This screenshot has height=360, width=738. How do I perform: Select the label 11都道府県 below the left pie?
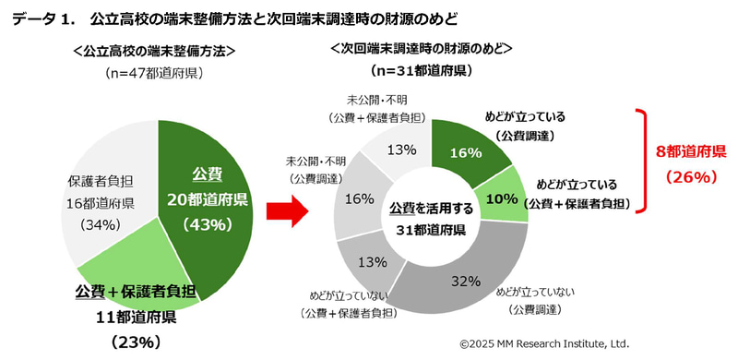point(138,318)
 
